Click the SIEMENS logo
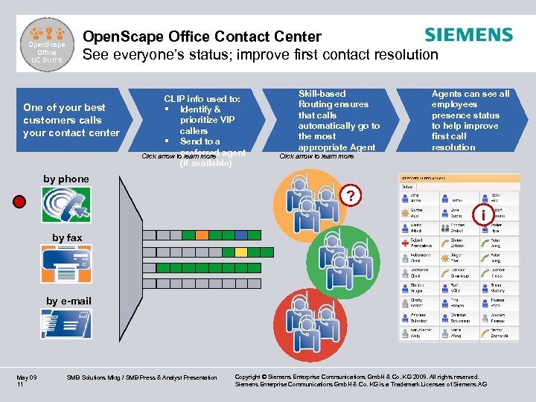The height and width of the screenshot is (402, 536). click(468, 35)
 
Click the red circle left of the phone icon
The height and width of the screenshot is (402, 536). click(19, 201)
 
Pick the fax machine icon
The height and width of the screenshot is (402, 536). click(67, 264)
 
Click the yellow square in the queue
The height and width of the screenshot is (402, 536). click(240, 252)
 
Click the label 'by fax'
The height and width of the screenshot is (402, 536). click(67, 237)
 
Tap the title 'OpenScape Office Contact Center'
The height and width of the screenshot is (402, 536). click(202, 36)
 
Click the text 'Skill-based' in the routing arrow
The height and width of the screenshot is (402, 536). click(322, 94)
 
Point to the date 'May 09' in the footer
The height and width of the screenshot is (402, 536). click(27, 377)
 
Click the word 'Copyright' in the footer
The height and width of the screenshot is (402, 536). click(253, 377)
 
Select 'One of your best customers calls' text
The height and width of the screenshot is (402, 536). click(71, 113)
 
